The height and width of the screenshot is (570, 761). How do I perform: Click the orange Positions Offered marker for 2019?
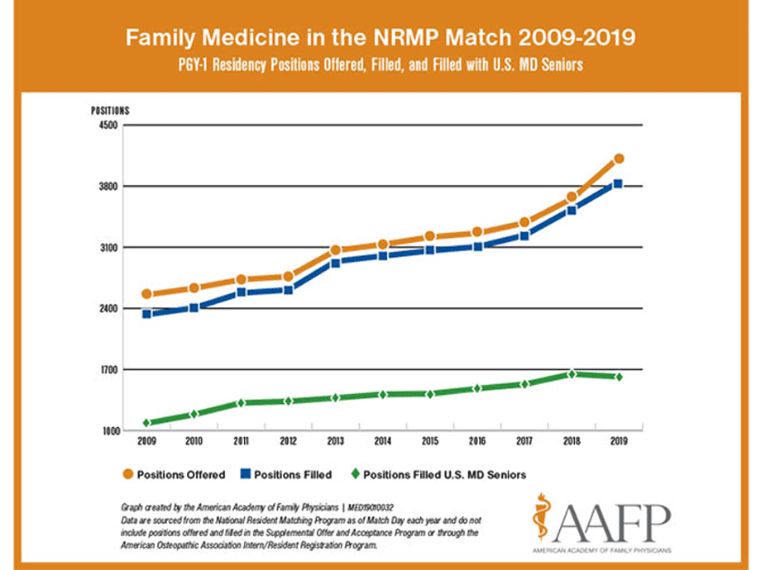[x=618, y=159]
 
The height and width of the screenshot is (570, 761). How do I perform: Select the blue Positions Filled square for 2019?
[x=618, y=184]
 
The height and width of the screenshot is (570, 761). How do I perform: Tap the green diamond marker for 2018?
[x=571, y=374]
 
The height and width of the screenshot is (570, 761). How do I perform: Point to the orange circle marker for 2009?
[x=146, y=294]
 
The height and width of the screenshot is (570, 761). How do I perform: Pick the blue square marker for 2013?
[x=336, y=263]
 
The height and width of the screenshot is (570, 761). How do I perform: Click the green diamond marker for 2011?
[x=241, y=403]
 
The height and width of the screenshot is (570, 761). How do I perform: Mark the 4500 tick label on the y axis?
[x=109, y=126]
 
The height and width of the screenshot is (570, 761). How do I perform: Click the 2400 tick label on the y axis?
[x=109, y=309]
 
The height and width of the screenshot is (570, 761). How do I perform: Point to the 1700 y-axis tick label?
[x=109, y=370]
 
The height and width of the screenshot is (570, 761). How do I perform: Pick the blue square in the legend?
[x=245, y=475]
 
